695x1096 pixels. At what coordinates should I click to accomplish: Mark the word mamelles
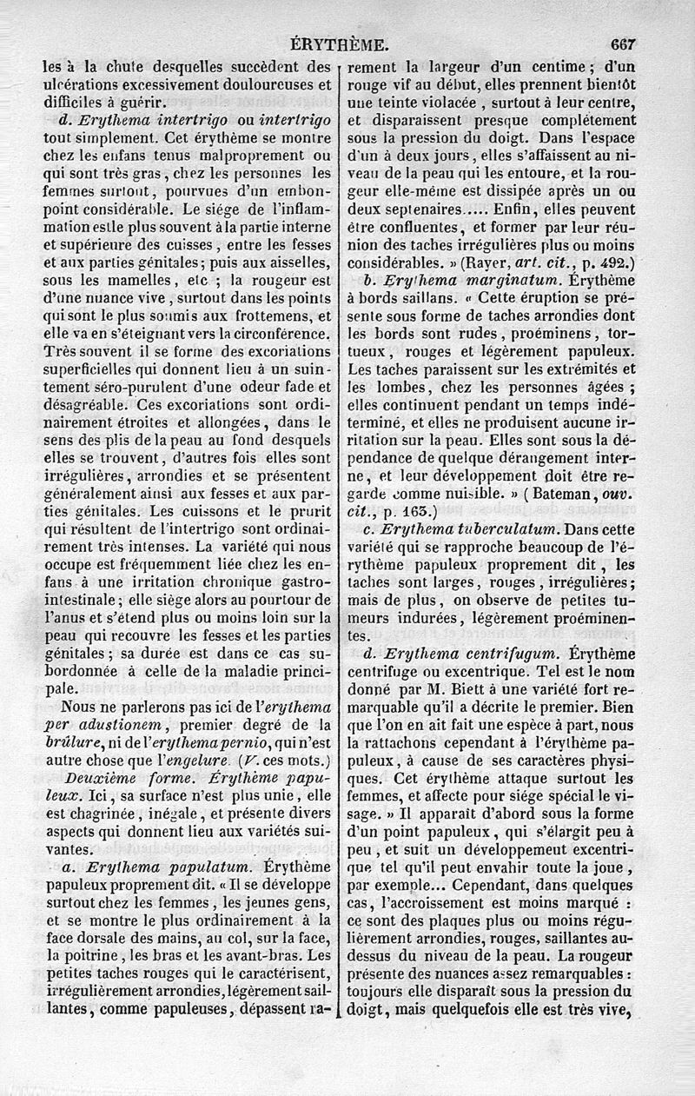tap(123, 282)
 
